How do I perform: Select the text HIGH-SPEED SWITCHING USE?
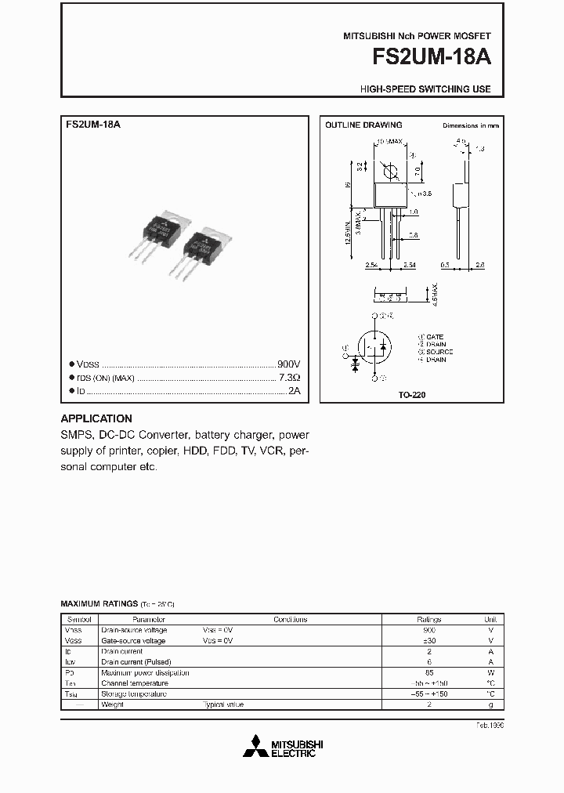[425, 89]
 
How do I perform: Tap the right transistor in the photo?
[206, 252]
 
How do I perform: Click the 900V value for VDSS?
[288, 364]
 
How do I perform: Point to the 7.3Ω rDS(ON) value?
[289, 378]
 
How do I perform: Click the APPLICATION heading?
[96, 418]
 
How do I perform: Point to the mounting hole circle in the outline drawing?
[389, 171]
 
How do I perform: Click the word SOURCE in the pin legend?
[439, 352]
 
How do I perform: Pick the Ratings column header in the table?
[428, 619]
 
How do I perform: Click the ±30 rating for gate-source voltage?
[428, 640]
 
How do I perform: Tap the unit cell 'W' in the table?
[490, 672]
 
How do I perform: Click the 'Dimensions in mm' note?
[470, 125]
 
